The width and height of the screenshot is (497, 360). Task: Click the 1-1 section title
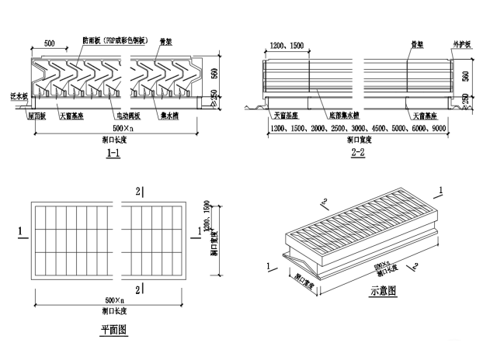113,154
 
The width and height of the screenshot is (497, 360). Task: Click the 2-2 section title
358,153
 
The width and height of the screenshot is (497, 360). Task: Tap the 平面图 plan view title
114,329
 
